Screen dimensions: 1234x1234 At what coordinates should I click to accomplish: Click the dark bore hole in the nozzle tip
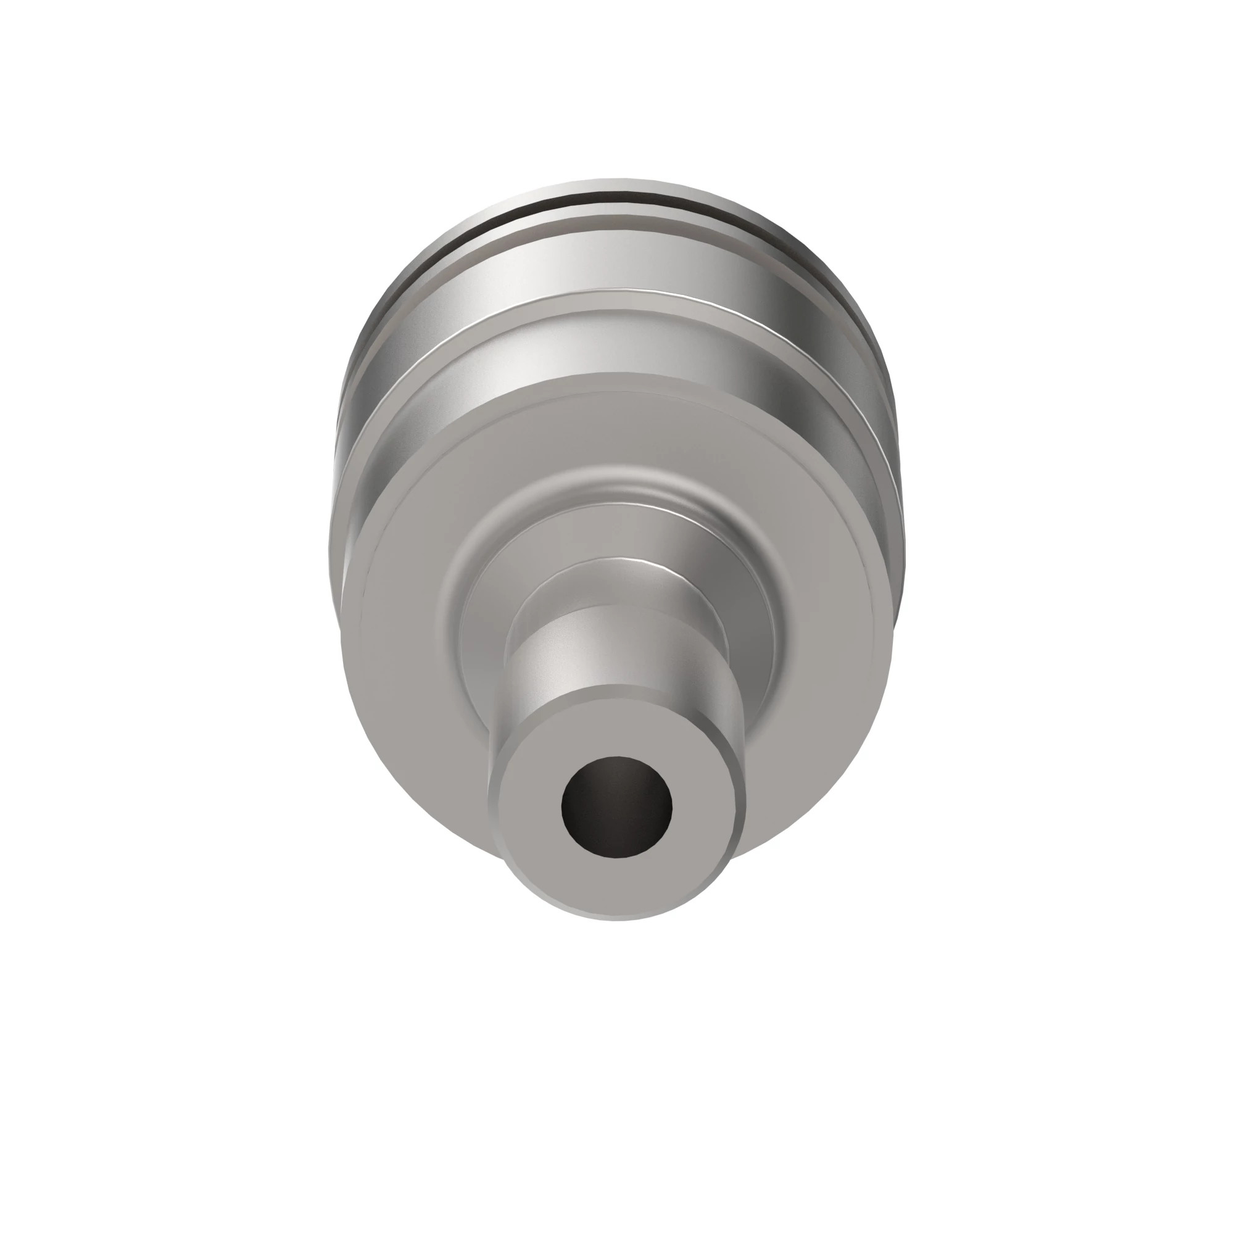(x=616, y=806)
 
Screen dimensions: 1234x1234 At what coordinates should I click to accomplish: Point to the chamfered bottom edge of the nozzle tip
(x=616, y=912)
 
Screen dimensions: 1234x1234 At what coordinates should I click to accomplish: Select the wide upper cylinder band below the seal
(x=616, y=262)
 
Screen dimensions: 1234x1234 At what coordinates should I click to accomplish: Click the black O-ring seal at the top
(x=616, y=200)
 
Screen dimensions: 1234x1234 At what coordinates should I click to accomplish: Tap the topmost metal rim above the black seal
(x=616, y=185)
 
